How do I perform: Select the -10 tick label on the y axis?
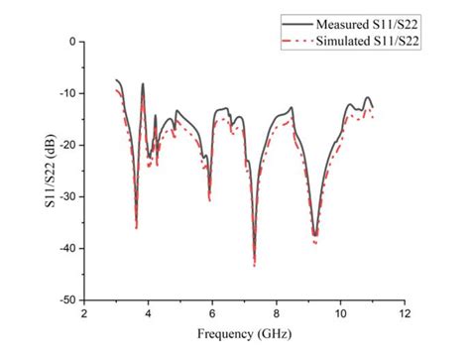(x=66, y=93)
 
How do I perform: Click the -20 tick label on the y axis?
(x=66, y=145)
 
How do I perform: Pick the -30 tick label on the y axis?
(x=66, y=196)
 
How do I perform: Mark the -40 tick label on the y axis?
(x=66, y=248)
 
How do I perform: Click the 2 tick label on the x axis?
(x=84, y=314)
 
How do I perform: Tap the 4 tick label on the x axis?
(x=149, y=314)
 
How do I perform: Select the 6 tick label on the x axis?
(x=212, y=314)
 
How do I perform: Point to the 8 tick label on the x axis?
(x=277, y=314)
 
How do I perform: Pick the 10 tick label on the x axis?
(x=340, y=314)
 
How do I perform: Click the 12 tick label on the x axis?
(x=405, y=314)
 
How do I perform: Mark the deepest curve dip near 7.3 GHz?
(x=254, y=264)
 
